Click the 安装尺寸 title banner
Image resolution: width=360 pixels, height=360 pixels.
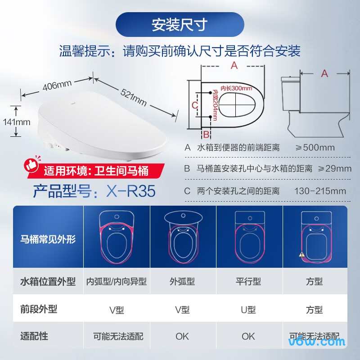click(x=180, y=24)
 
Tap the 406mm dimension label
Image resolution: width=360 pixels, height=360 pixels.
click(x=57, y=85)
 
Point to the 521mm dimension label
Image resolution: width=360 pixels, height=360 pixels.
click(x=134, y=97)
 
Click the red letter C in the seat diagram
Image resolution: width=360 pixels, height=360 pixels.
click(x=194, y=105)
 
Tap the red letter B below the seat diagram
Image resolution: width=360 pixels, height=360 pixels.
click(x=206, y=134)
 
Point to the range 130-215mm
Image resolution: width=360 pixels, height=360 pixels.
click(x=320, y=191)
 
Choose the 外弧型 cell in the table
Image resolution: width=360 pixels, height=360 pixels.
click(x=182, y=282)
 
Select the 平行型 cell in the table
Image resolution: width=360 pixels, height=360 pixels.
click(x=248, y=282)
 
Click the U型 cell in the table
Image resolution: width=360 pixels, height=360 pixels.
click(x=248, y=310)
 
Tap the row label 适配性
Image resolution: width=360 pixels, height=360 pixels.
click(x=34, y=336)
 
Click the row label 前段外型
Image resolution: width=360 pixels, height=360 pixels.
click(x=39, y=309)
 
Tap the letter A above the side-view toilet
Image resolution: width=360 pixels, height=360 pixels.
click(x=324, y=73)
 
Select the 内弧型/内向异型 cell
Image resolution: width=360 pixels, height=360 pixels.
click(x=117, y=282)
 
